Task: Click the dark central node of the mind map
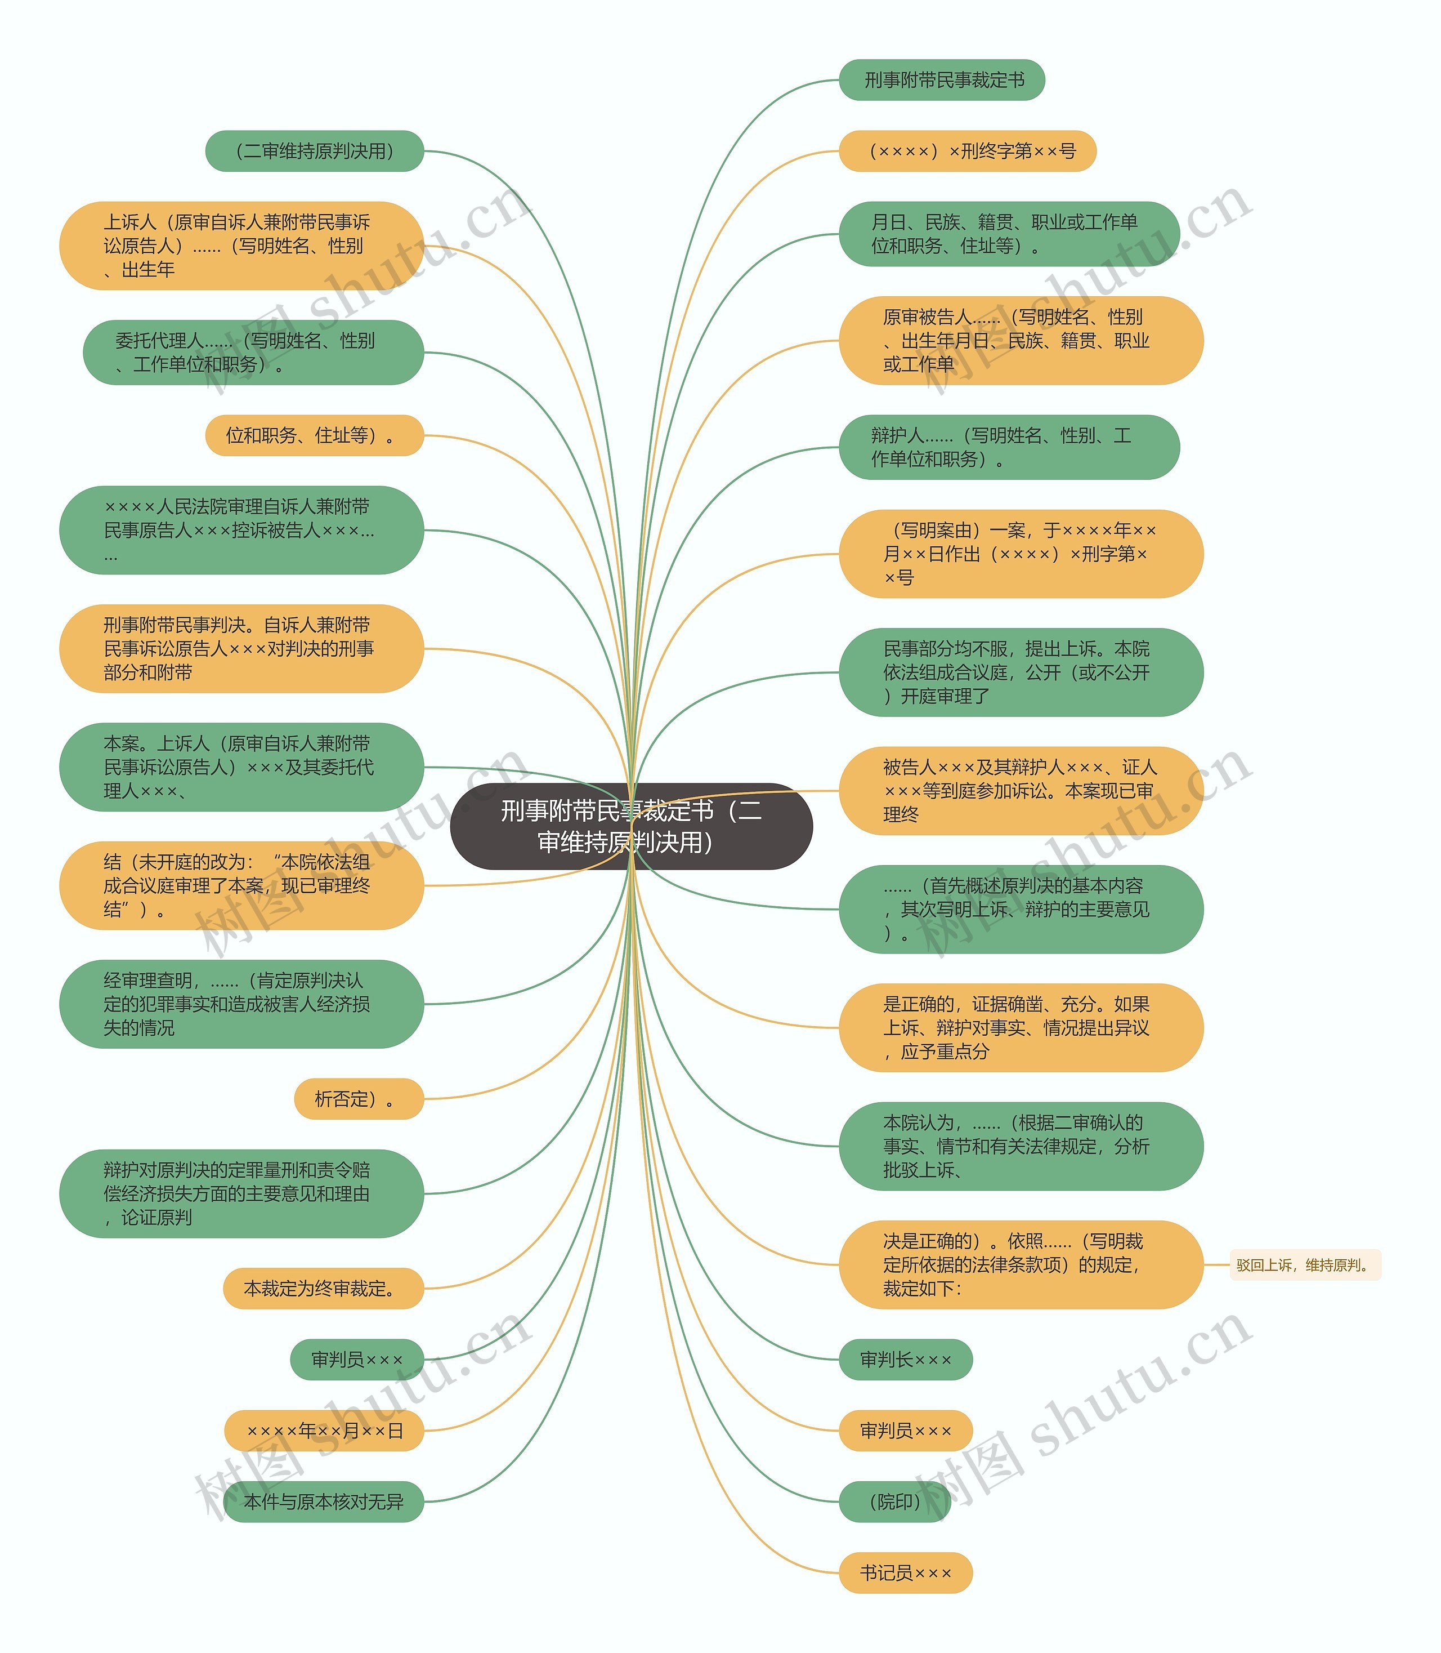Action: click(631, 826)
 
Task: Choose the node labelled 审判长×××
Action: click(906, 1360)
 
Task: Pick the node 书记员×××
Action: click(906, 1572)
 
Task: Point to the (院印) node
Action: click(895, 1501)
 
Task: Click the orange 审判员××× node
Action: click(906, 1430)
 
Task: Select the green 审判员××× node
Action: click(357, 1360)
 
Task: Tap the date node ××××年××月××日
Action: click(324, 1430)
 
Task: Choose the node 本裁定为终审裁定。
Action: click(323, 1289)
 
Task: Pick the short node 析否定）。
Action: click(359, 1099)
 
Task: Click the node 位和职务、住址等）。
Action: click(315, 435)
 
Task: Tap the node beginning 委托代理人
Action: click(253, 353)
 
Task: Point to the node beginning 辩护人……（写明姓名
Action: click(1009, 447)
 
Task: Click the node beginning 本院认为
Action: click(1021, 1146)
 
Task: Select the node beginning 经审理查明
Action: click(241, 1004)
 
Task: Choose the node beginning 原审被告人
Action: click(1021, 340)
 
